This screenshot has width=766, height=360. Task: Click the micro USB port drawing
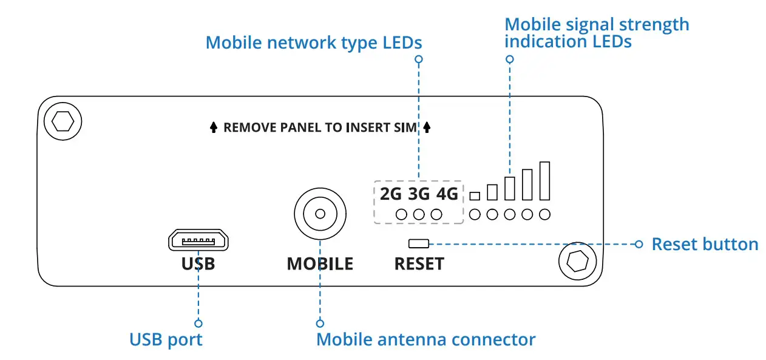(198, 240)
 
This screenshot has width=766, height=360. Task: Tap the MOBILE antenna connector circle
(320, 214)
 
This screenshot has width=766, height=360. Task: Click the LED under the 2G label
(401, 215)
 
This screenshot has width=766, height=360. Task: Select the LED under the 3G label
(419, 215)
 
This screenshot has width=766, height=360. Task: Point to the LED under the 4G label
(436, 215)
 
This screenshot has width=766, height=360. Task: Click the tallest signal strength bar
(544, 181)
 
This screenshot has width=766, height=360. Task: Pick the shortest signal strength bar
(475, 196)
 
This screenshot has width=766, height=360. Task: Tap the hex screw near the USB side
(63, 121)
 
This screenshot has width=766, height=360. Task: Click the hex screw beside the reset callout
(578, 261)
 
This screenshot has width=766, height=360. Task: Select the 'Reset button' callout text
(705, 244)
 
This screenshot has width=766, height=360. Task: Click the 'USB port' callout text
(166, 340)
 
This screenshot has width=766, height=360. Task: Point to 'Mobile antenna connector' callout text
(425, 339)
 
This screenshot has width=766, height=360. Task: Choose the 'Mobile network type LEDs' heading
(314, 43)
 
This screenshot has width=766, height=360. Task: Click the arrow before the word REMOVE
(214, 127)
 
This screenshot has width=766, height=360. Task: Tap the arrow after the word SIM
(427, 127)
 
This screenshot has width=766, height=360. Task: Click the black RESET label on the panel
(419, 263)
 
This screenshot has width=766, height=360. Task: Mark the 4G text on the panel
(447, 194)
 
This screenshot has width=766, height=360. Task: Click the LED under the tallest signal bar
(544, 215)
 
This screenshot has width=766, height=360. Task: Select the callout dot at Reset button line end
(639, 244)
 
